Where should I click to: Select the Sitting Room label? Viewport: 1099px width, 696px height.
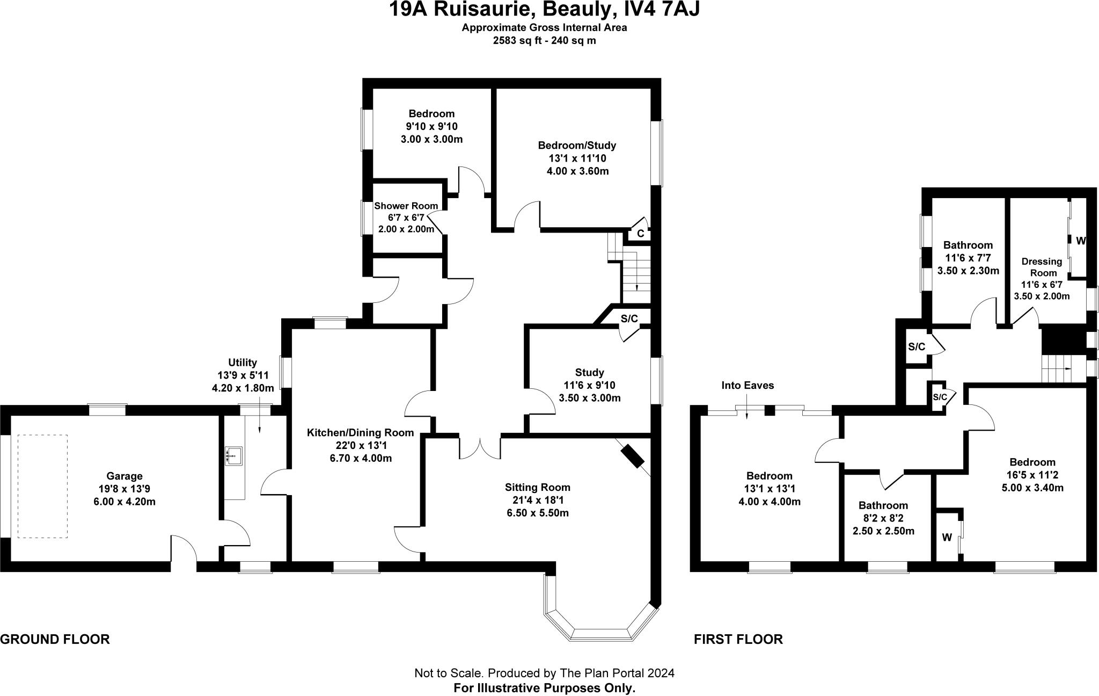(537, 487)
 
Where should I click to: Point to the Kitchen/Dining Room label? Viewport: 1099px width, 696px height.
(360, 432)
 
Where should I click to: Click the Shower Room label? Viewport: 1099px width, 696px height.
(406, 206)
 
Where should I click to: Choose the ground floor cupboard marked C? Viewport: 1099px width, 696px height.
(640, 234)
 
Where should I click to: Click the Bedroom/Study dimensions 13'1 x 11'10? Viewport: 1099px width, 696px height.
(577, 158)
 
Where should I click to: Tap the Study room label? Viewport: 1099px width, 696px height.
(589, 372)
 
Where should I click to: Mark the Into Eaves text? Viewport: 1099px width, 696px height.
(748, 385)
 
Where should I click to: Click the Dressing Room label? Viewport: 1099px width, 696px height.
(1042, 267)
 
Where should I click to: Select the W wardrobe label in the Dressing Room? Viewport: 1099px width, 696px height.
(1081, 241)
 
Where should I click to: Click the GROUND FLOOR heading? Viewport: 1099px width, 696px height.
(55, 639)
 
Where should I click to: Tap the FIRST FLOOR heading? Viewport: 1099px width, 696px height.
(738, 639)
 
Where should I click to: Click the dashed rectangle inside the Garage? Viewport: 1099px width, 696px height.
(43, 486)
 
